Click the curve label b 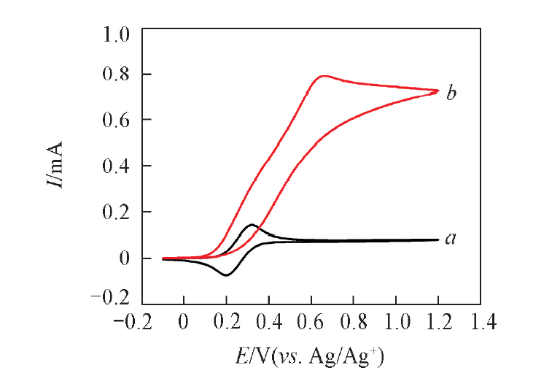click(451, 93)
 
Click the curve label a click(451, 238)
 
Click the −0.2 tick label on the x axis click(136, 322)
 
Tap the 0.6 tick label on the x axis click(312, 322)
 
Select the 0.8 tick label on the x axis click(354, 322)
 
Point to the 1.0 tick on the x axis click(397, 322)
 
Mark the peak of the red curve click(322, 75)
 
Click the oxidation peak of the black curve click(251, 225)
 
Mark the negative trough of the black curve click(226, 275)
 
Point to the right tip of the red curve click(438, 91)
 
